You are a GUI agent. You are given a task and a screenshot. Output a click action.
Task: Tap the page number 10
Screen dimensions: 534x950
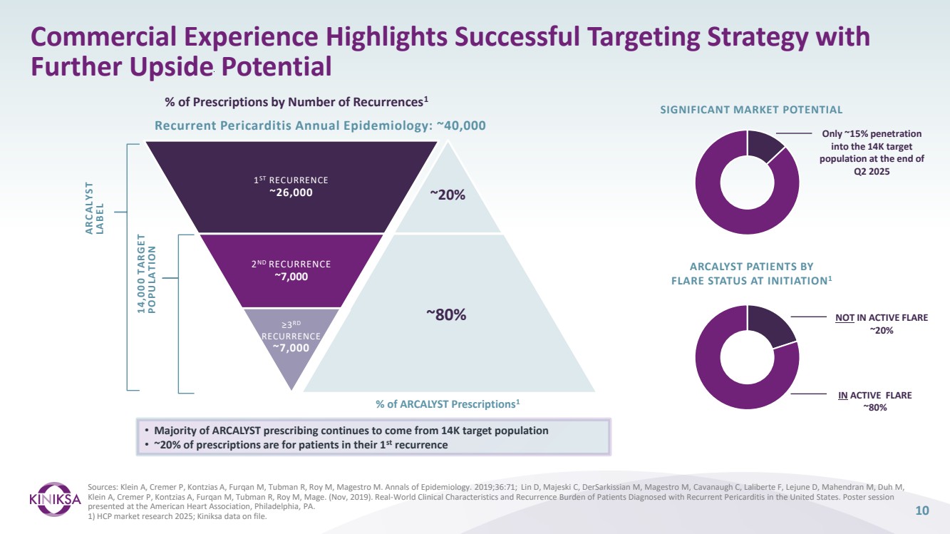coord(922,510)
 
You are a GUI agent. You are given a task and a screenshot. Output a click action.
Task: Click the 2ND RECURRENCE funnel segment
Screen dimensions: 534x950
coord(291,270)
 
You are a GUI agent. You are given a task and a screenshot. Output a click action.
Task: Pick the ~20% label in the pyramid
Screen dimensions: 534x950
coord(448,195)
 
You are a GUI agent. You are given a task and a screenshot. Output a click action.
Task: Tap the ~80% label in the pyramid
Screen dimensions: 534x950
coord(447,314)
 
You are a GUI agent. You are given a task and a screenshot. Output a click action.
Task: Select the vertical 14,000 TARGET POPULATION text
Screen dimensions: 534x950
coord(146,273)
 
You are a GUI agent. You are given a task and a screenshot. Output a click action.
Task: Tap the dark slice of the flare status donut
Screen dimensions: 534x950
coord(772,324)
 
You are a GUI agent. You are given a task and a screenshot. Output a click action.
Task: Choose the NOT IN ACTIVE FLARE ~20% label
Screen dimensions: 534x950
coord(882,324)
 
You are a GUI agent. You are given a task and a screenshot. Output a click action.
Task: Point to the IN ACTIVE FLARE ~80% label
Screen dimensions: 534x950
coord(875,401)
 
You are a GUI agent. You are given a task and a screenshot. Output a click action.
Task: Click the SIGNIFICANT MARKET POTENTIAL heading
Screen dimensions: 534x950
coord(752,109)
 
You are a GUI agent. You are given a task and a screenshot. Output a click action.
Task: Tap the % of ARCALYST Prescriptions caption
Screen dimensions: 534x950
coord(448,404)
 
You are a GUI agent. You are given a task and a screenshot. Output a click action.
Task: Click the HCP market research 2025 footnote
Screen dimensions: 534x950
coord(152,516)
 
